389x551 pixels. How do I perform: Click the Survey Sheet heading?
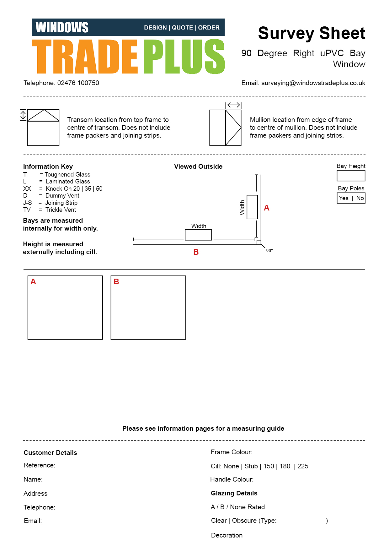click(312, 33)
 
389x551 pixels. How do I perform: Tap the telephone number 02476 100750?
click(78, 83)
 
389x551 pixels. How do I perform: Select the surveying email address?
click(313, 83)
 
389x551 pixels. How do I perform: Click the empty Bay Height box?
click(351, 176)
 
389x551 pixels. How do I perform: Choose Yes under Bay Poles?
click(344, 198)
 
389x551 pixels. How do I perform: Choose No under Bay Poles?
click(360, 198)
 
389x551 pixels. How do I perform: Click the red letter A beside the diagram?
click(267, 208)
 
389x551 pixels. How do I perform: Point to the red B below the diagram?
click(196, 252)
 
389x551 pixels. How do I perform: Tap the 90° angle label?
click(269, 250)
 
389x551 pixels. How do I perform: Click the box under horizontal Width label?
click(198, 235)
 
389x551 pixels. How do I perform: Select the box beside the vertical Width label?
click(252, 207)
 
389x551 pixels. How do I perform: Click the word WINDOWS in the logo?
click(62, 28)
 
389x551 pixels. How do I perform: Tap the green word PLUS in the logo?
click(184, 57)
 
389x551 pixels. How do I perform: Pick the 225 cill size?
click(303, 466)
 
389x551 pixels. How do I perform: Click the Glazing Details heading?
click(234, 493)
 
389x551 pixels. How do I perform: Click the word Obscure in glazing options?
click(244, 521)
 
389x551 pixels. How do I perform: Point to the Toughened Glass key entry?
click(67, 175)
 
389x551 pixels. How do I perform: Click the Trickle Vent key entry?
click(61, 210)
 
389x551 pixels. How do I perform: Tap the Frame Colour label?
click(232, 452)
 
